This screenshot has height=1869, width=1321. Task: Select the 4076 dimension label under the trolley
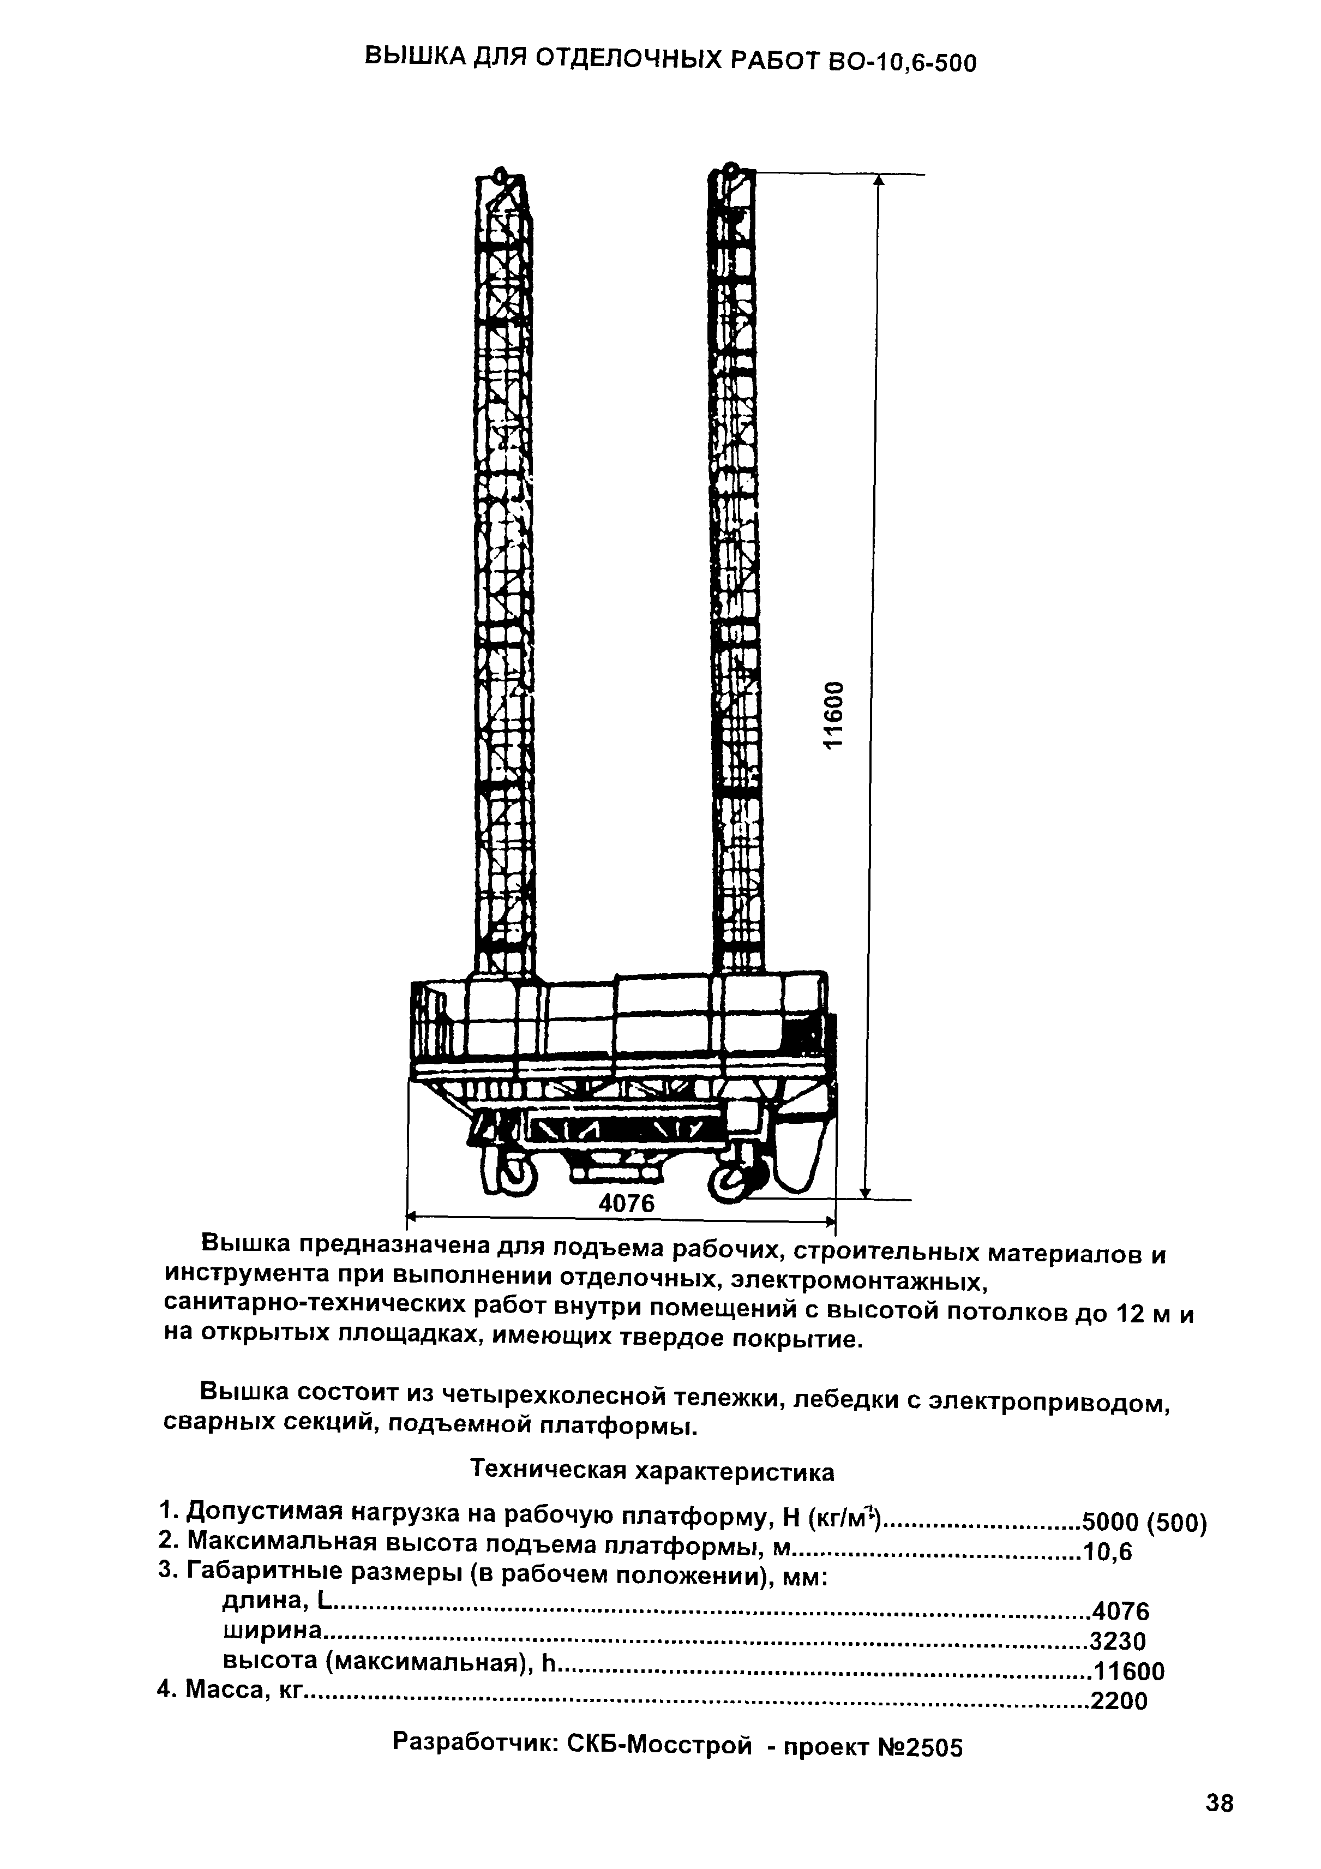(x=627, y=1203)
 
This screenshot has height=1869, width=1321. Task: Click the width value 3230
(x=1118, y=1640)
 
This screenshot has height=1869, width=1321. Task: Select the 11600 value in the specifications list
(x=1129, y=1671)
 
